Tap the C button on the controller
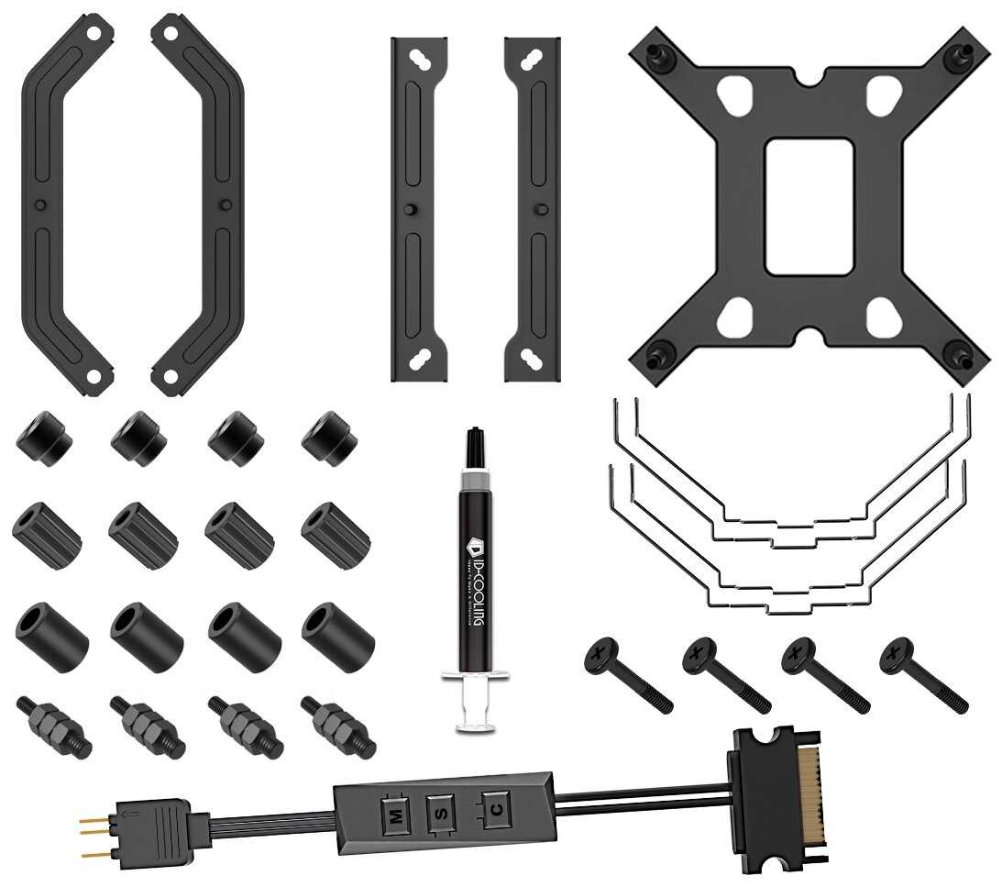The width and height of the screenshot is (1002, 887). (496, 807)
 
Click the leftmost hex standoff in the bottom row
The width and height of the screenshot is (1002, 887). (53, 725)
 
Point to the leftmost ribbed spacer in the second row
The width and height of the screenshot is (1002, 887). (46, 534)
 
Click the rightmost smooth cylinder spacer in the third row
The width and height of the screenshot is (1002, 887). (337, 635)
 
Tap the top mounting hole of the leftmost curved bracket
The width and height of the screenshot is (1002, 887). (92, 31)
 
